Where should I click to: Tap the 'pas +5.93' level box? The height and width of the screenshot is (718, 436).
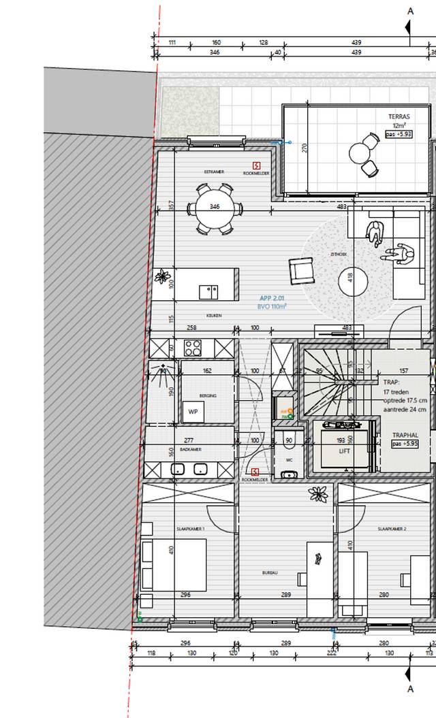click(x=399, y=134)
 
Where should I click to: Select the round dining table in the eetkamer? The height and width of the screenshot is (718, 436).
click(x=215, y=207)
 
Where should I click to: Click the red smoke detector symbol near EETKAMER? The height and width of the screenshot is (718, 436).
click(x=255, y=165)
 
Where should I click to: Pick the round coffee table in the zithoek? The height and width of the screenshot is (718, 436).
click(x=354, y=280)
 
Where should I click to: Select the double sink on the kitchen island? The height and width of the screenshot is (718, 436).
click(x=208, y=292)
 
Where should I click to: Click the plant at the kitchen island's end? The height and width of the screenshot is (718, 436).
click(x=162, y=276)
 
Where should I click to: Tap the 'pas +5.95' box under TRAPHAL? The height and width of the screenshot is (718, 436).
click(x=406, y=443)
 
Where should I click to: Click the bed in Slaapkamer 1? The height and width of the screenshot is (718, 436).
click(x=159, y=565)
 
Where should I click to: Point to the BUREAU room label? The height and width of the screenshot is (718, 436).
click(x=270, y=574)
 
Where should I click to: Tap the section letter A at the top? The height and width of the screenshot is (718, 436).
click(x=410, y=10)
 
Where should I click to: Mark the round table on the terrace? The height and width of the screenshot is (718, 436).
click(x=359, y=151)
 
